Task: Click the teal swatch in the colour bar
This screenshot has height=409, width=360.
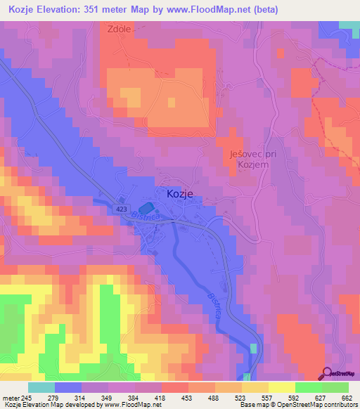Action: tap(41, 387)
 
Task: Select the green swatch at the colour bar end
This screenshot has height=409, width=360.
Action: tap(335, 387)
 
